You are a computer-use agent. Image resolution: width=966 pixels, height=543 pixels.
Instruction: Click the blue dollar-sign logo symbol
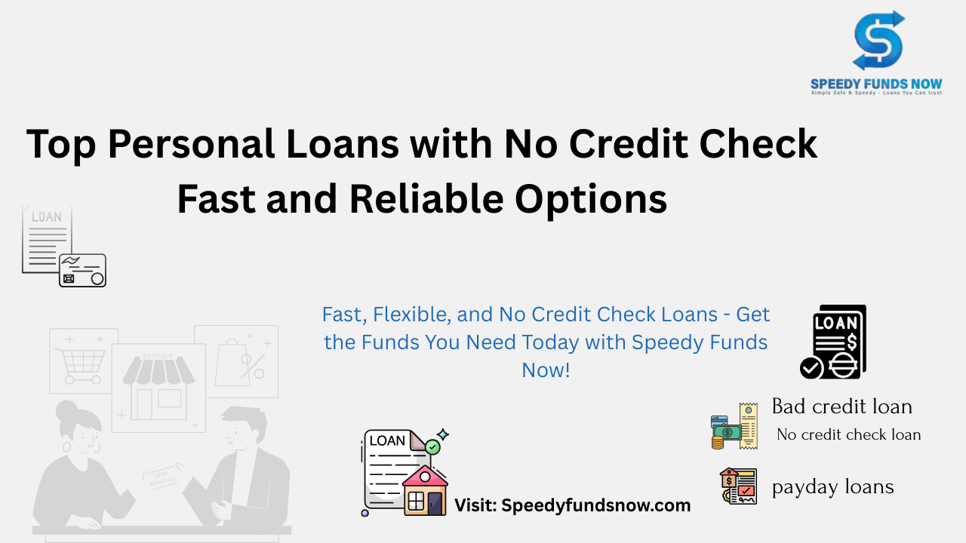(x=878, y=41)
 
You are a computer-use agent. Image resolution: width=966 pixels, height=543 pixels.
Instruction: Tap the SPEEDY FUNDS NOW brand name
(x=876, y=84)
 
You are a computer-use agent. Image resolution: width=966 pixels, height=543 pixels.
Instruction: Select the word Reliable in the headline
(x=426, y=198)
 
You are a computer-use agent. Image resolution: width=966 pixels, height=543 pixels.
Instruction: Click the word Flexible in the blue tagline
(x=412, y=315)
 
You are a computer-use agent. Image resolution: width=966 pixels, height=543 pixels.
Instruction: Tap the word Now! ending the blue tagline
(x=546, y=370)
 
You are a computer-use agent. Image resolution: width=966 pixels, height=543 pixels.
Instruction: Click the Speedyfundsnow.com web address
(x=596, y=505)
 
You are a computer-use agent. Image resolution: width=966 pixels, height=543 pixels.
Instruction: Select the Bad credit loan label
(x=841, y=406)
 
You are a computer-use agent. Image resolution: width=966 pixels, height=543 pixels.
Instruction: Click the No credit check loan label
(x=849, y=434)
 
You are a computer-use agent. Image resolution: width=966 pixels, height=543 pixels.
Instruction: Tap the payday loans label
(x=832, y=487)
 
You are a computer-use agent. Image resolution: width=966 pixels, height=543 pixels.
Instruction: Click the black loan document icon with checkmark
(x=833, y=342)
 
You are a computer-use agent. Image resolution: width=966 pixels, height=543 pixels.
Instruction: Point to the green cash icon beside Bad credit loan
(x=728, y=432)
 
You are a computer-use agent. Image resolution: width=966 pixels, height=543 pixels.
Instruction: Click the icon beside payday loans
(x=738, y=486)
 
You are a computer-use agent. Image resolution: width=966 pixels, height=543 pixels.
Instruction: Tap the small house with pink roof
(x=425, y=490)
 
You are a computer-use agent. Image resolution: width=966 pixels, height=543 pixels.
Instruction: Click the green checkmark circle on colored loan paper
(x=432, y=447)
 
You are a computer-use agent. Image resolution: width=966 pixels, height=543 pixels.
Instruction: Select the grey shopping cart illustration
(x=82, y=366)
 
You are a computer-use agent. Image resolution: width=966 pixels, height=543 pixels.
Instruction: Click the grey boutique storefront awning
(x=158, y=371)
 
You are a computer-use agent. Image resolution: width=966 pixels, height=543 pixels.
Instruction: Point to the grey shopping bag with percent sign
(x=240, y=362)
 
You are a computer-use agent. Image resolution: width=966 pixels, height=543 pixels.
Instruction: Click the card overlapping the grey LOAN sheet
(x=82, y=270)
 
